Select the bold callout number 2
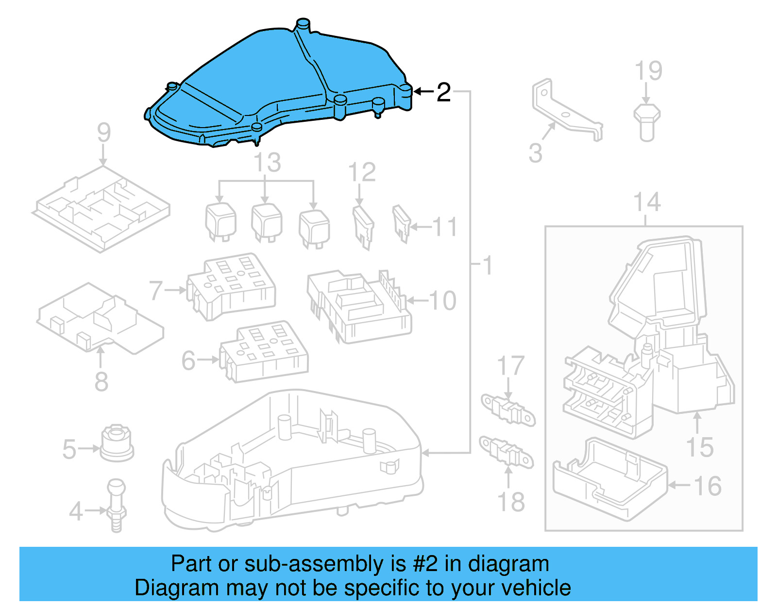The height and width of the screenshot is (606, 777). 443,92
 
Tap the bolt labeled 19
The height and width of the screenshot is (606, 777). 647,121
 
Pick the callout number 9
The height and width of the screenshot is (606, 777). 103,132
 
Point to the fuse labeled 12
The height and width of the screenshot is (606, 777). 363,227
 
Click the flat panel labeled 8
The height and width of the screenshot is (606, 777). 100,318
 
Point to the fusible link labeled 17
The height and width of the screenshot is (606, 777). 507,410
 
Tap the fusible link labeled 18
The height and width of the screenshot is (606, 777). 506,452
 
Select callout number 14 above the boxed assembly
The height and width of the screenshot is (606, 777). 647,202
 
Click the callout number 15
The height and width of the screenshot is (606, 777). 699,447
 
